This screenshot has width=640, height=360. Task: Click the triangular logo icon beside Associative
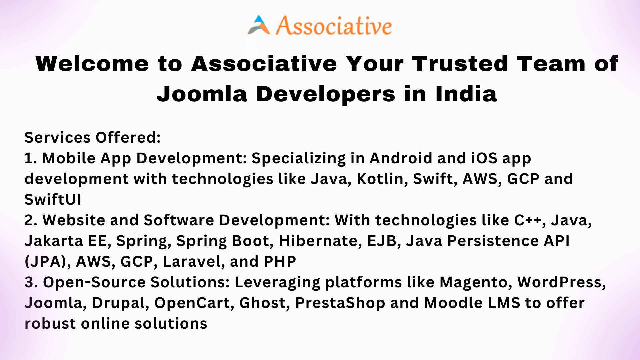click(259, 25)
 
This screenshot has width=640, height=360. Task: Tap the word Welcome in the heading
click(92, 64)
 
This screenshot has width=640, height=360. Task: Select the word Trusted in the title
click(460, 64)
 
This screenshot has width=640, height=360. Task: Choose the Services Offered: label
click(93, 137)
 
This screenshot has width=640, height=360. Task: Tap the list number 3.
click(31, 282)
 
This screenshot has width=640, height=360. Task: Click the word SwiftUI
click(53, 199)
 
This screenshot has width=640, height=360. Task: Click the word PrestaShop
click(340, 303)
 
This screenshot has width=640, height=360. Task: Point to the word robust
click(50, 324)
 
